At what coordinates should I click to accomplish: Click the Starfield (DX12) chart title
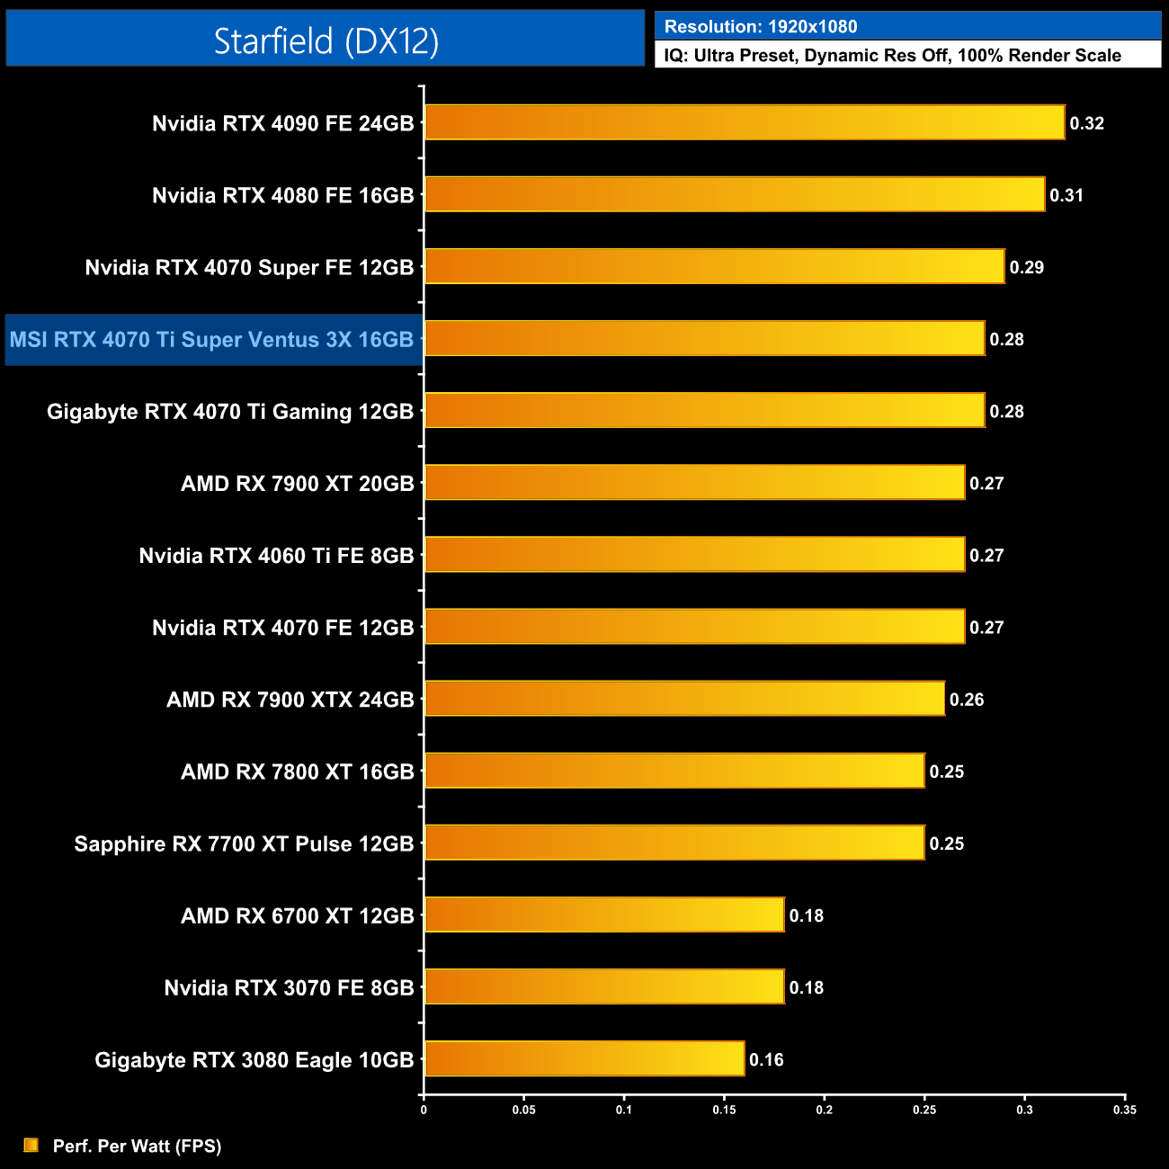[x=326, y=40]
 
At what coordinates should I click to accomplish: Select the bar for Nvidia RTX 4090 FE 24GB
[x=744, y=122]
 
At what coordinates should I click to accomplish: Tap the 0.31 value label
[x=1066, y=195]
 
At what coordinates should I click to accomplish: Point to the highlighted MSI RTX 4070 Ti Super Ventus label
[x=212, y=340]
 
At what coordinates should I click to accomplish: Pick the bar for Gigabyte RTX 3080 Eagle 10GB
[x=584, y=1058]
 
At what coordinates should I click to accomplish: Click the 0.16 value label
[x=766, y=1059]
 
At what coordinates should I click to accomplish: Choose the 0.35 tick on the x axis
[x=1125, y=1110]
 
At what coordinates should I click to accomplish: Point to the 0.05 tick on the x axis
[x=524, y=1110]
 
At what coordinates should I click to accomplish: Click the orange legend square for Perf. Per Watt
[x=31, y=1145]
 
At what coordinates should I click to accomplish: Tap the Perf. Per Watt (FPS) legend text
[x=137, y=1146]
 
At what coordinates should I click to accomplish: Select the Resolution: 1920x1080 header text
[x=761, y=27]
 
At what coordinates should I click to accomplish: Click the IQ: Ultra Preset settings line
[x=892, y=56]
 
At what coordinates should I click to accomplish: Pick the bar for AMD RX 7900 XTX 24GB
[x=684, y=699]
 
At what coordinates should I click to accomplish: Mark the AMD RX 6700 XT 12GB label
[x=297, y=915]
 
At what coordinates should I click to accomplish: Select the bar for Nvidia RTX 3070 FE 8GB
[x=604, y=986]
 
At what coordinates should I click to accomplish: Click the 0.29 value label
[x=1026, y=267]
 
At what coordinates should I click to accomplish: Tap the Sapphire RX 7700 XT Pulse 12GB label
[x=244, y=843]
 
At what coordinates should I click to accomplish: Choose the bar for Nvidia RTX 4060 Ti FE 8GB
[x=694, y=555]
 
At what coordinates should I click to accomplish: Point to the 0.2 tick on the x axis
[x=825, y=1110]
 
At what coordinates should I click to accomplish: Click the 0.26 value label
[x=967, y=700]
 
